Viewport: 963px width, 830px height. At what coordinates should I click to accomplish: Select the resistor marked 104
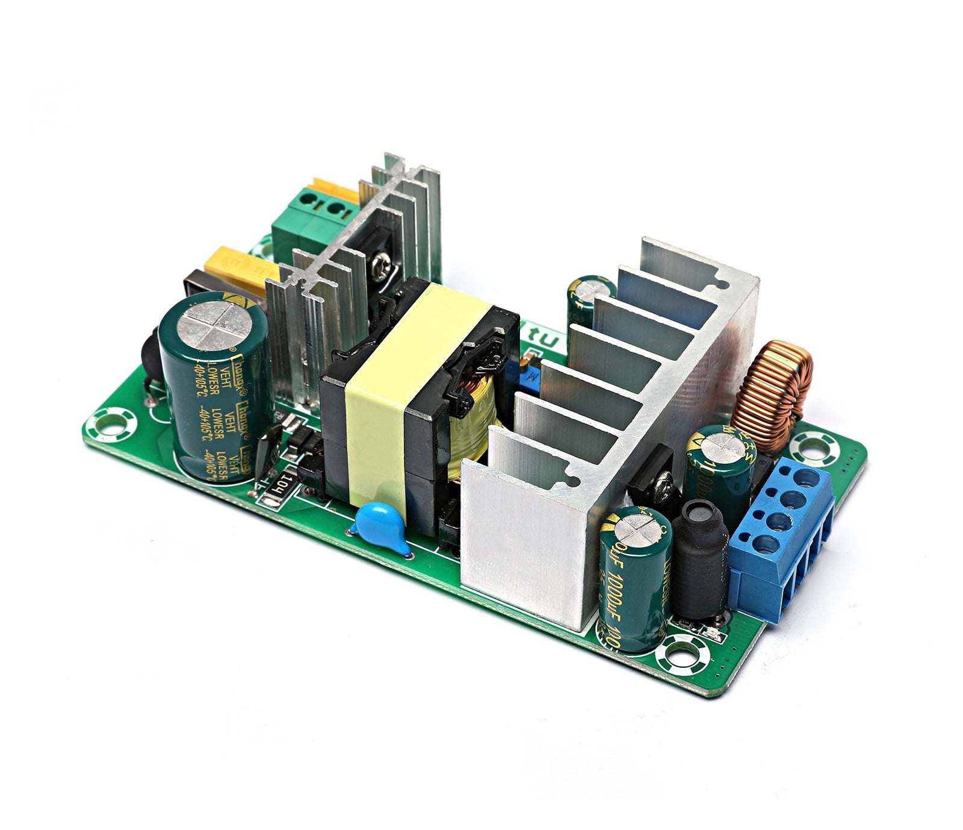[283, 484]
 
